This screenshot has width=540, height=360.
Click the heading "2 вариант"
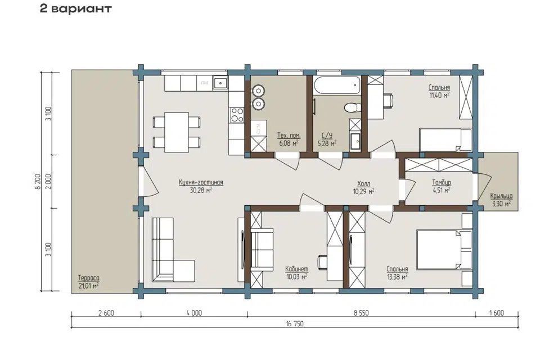[76, 8]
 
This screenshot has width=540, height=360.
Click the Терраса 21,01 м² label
[88, 281]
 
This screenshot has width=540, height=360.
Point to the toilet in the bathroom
[352, 107]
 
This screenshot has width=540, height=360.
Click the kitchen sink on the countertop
[220, 83]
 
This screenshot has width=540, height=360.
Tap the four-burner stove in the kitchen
[237, 115]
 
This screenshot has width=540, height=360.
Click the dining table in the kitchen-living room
[176, 132]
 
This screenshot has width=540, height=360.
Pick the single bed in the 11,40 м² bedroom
[445, 140]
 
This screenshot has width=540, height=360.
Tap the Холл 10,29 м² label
[364, 187]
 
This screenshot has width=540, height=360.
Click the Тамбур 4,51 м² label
[441, 186]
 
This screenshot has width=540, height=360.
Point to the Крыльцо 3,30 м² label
[501, 200]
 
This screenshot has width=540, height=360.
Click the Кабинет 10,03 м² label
[296, 272]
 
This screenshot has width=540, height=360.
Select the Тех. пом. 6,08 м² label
[289, 139]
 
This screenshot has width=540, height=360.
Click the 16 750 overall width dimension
[295, 323]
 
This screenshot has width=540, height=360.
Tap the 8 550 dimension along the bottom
[361, 313]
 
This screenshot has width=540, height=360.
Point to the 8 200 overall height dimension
[38, 181]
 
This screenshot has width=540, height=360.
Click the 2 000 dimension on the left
[48, 181]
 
